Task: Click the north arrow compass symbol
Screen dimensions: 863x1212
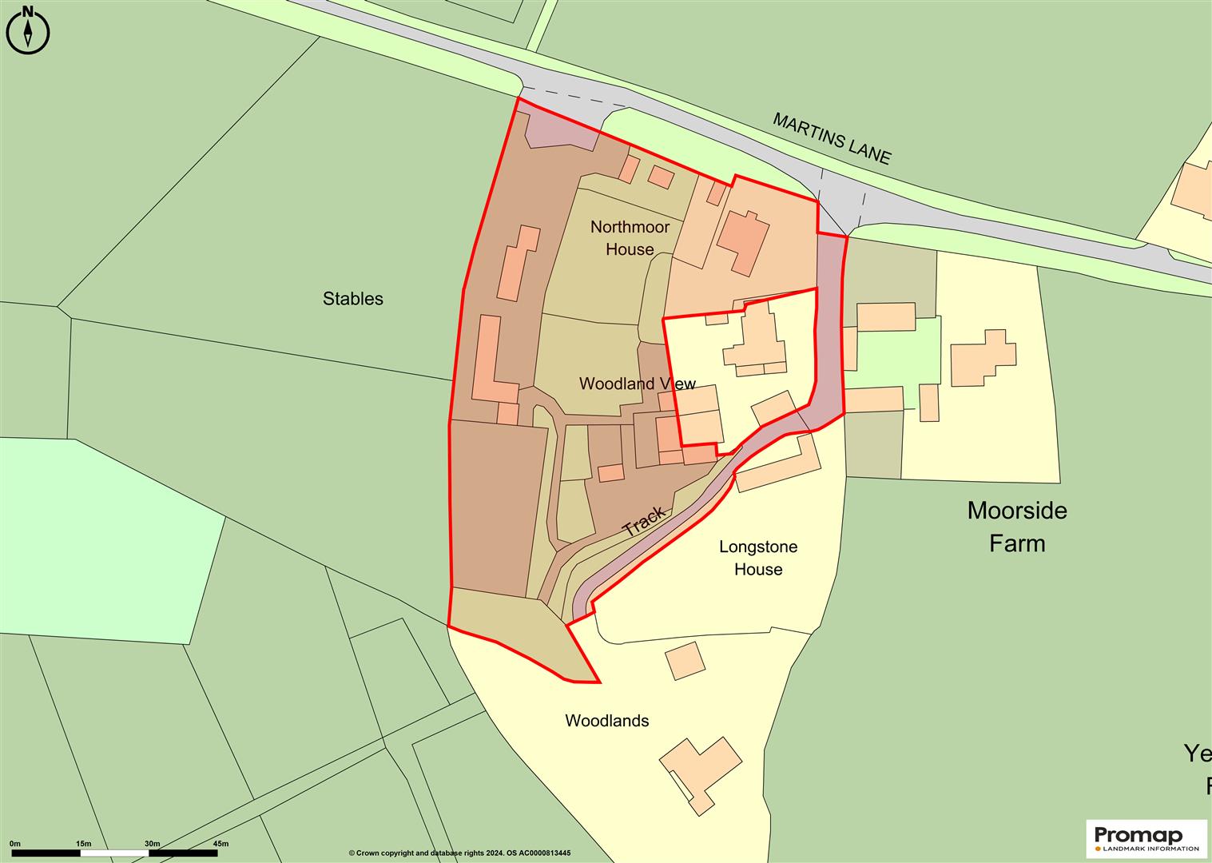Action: (x=28, y=33)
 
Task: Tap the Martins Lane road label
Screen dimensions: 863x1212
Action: (x=831, y=138)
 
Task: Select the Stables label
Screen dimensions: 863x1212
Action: (x=352, y=299)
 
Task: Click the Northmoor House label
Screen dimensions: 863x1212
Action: (x=630, y=238)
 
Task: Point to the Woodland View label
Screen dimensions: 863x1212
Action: (x=637, y=384)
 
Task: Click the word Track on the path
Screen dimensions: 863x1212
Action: (x=644, y=521)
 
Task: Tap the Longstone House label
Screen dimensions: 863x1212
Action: (x=758, y=558)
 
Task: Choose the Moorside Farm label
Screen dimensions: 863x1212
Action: (x=1016, y=527)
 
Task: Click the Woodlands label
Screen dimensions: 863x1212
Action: (x=606, y=721)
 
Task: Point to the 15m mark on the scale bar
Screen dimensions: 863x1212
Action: (x=83, y=844)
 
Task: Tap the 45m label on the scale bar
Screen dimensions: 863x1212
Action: (x=220, y=844)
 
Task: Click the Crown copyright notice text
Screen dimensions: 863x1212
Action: (x=459, y=853)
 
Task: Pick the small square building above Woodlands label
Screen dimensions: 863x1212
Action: (x=685, y=660)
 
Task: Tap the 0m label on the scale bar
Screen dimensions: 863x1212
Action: (x=14, y=844)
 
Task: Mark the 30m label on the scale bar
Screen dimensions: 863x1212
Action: (x=152, y=844)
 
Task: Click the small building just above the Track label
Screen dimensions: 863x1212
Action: (x=610, y=473)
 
